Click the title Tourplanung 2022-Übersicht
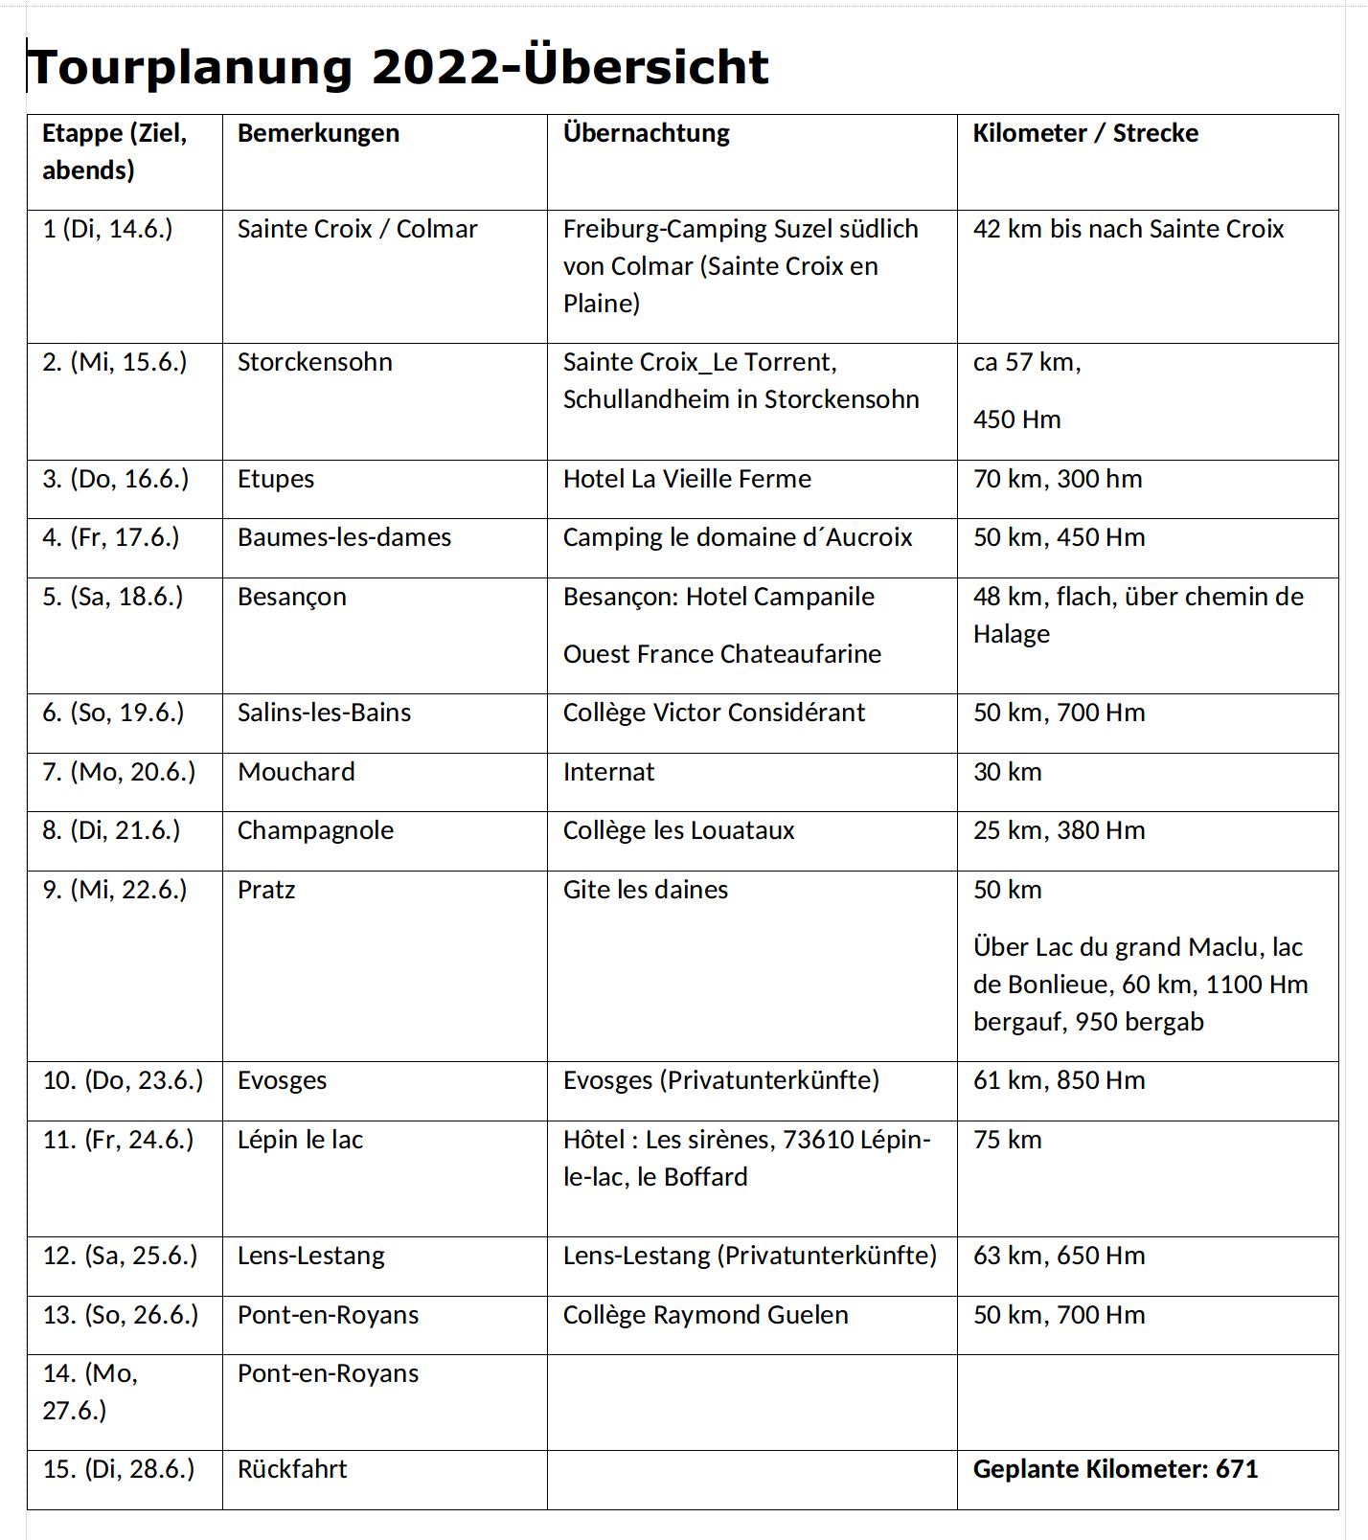tap(399, 67)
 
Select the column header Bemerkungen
tap(318, 133)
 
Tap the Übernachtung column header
tap(646, 133)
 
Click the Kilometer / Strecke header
tap(1085, 133)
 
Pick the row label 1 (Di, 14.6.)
tap(107, 230)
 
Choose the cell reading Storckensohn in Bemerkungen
tap(314, 363)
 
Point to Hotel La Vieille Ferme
tap(686, 480)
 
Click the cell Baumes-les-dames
tap(344, 538)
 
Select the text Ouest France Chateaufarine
tap(721, 655)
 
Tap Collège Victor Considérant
tap(713, 713)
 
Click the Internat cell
tap(608, 773)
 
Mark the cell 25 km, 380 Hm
tap(1059, 831)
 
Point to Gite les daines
tap(645, 891)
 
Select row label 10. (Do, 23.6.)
tap(123, 1081)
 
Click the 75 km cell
tap(1007, 1141)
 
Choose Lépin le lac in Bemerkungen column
tap(300, 1141)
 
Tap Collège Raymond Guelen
tap(705, 1316)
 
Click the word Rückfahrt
tap(292, 1470)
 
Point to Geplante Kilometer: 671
tap(1115, 1470)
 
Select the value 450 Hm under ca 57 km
tap(1016, 420)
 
